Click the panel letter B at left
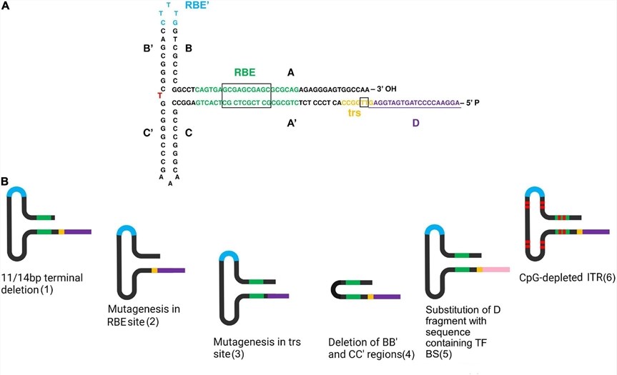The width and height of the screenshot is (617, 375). click(5, 184)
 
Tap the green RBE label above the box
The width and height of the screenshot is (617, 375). click(246, 72)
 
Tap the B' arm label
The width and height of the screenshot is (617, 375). click(149, 49)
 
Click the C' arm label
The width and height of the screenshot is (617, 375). click(149, 133)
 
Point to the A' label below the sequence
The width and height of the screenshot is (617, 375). click(292, 122)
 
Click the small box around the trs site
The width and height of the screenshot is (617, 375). click(365, 103)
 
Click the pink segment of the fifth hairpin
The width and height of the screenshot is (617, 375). click(493, 269)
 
